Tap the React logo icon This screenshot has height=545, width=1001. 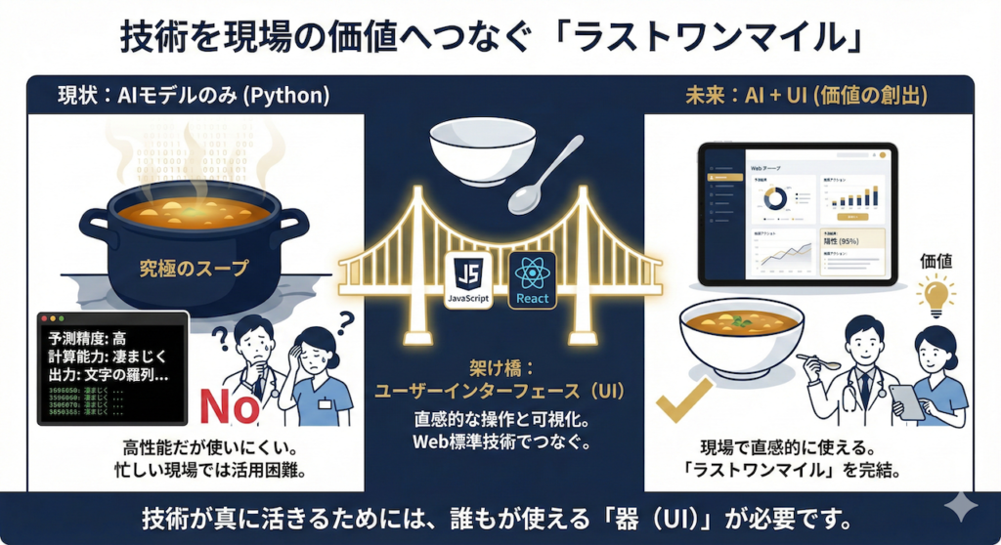tap(531, 278)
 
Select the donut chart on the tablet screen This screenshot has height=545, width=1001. tap(775, 199)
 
